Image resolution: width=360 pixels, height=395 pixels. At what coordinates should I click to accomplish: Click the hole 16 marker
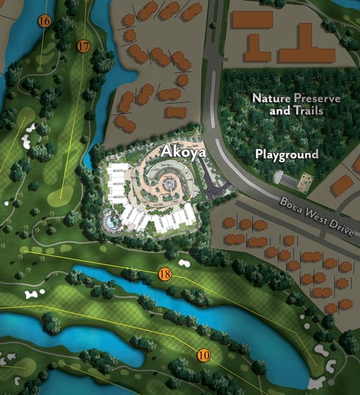click(x=44, y=21)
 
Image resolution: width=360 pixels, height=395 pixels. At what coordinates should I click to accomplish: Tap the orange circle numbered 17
click(x=84, y=46)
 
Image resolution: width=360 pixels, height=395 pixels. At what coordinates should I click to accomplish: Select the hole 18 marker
click(x=164, y=274)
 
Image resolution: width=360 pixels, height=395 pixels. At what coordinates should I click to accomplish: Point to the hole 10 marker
click(x=204, y=354)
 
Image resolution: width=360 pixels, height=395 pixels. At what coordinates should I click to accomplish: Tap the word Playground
click(x=287, y=154)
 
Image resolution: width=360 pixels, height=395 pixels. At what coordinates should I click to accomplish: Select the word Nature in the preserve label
click(x=271, y=98)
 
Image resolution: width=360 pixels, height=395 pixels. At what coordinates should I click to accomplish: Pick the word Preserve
click(x=317, y=98)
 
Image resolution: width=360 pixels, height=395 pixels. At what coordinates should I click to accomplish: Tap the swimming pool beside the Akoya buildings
click(x=112, y=220)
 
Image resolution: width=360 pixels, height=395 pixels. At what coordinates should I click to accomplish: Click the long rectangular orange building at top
click(x=251, y=20)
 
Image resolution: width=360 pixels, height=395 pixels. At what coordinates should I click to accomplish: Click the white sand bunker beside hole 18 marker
click(x=185, y=263)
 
